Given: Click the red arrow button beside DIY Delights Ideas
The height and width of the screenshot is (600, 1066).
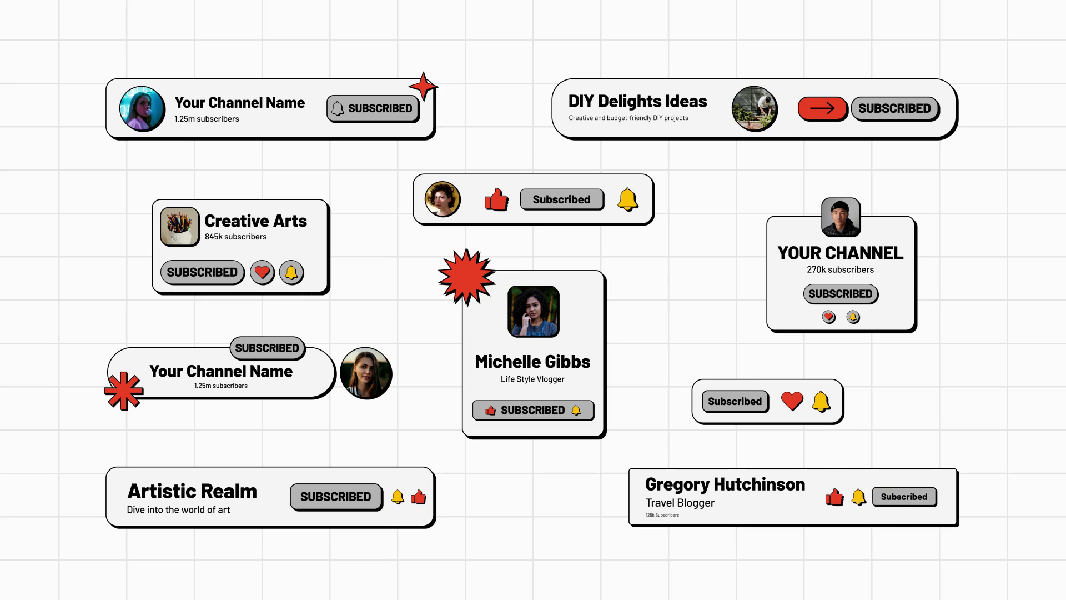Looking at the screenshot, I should [x=822, y=108].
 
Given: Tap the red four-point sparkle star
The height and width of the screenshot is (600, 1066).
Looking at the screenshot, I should [x=423, y=87].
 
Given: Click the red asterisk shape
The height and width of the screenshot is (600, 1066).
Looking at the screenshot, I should [x=124, y=391].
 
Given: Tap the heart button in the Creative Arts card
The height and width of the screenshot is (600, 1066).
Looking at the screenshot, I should [x=262, y=272].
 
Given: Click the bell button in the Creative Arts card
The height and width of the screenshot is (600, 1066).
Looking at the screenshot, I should [x=291, y=272].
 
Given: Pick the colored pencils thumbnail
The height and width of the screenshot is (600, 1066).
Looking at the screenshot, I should [x=179, y=227].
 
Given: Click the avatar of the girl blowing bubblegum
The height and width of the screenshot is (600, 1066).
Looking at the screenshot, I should [x=142, y=109].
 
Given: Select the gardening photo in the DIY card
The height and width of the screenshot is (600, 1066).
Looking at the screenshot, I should [x=754, y=109].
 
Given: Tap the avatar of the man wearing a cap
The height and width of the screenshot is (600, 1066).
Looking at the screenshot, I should [x=841, y=217].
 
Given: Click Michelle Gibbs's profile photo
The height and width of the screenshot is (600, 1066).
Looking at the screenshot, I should [x=533, y=311].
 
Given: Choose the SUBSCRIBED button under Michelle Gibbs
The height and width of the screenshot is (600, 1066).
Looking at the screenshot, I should [x=533, y=410].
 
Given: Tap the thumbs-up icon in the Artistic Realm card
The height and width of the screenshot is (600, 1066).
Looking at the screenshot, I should [x=419, y=497].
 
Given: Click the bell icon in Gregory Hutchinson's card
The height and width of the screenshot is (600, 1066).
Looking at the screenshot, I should [x=858, y=497].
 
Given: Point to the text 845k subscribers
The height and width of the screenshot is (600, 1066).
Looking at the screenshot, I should [x=235, y=237].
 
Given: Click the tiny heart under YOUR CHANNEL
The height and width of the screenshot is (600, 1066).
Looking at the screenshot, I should [x=828, y=317].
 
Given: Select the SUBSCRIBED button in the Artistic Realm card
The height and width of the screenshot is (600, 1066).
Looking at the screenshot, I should [x=335, y=497].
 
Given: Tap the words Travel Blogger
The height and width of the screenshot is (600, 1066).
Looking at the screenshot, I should [x=680, y=503].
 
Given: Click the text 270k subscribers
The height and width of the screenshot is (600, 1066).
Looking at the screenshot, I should [x=840, y=269].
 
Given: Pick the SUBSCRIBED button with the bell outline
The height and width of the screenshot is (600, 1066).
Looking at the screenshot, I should [x=373, y=108].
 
